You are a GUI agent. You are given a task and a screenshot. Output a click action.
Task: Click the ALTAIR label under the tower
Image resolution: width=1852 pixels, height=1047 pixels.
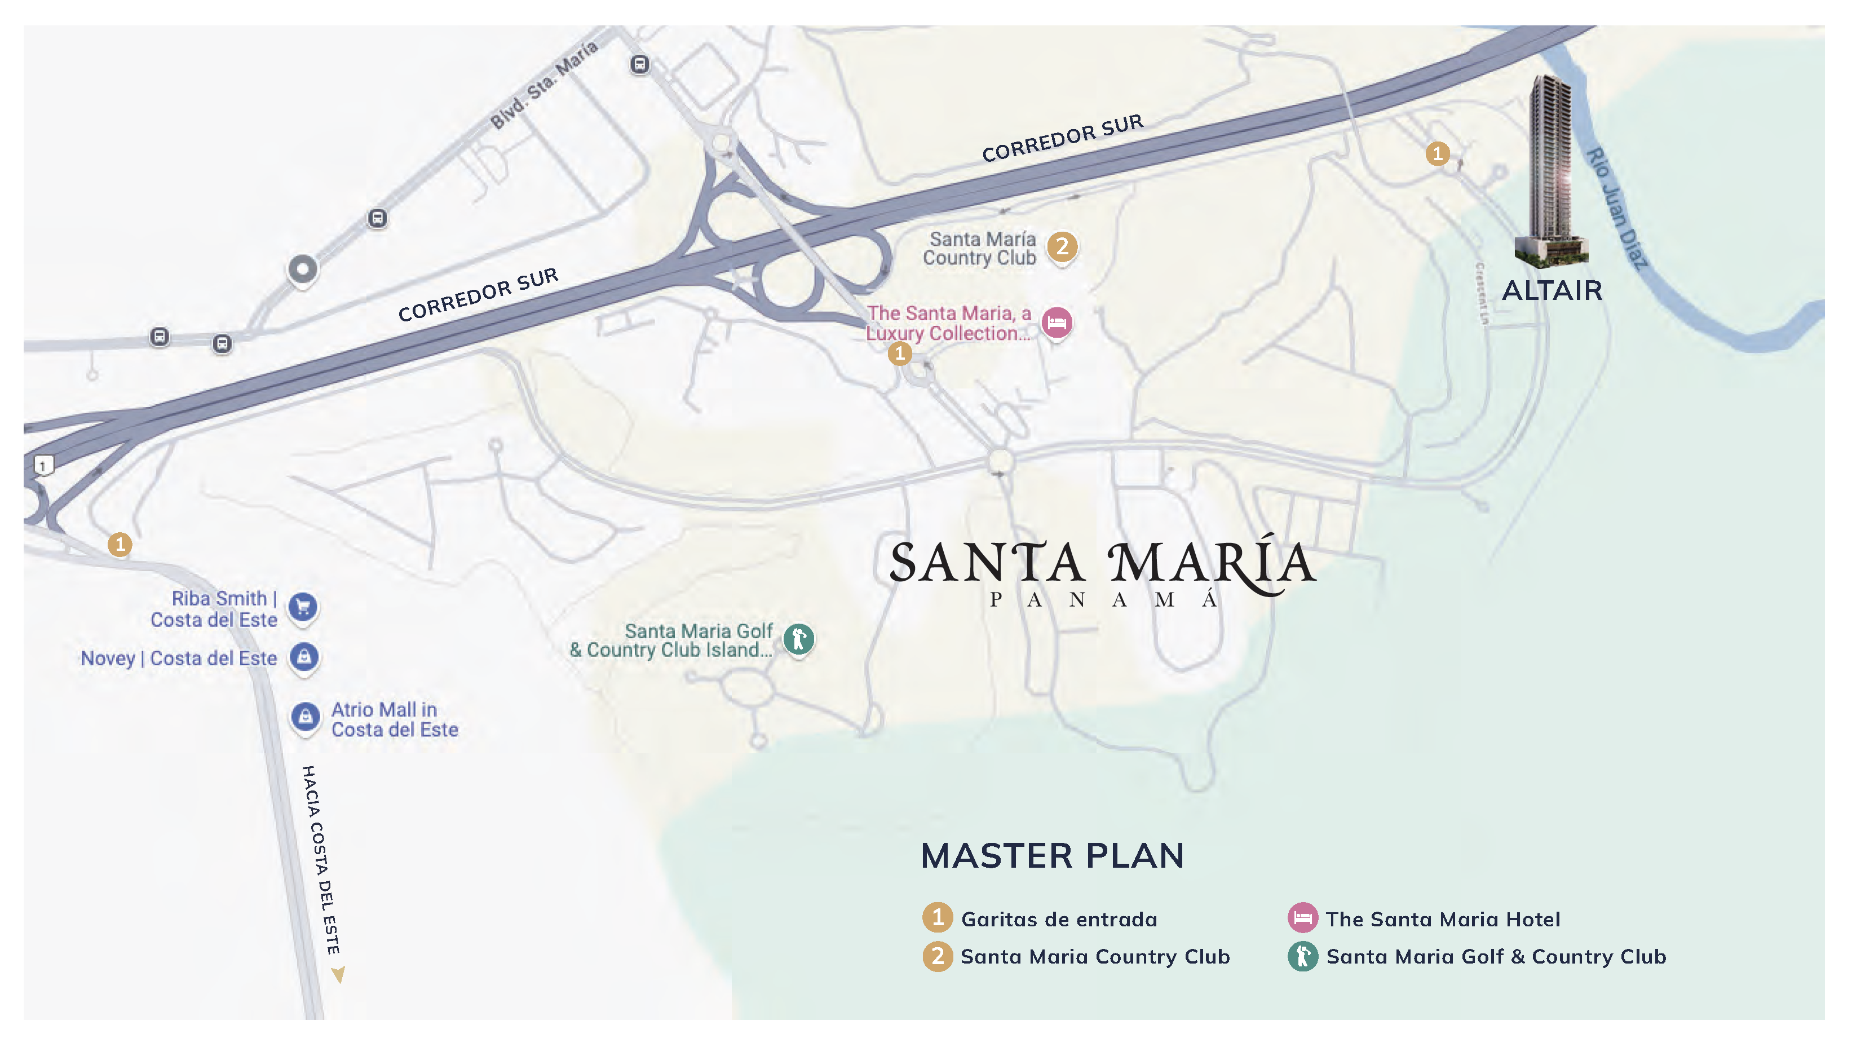click(1552, 290)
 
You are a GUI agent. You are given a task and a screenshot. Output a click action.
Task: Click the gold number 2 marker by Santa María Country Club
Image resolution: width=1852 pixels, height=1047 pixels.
click(1062, 246)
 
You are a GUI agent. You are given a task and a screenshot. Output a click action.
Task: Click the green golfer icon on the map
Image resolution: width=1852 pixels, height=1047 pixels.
click(798, 639)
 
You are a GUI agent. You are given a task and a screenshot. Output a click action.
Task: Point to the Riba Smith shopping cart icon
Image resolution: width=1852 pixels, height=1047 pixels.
click(303, 606)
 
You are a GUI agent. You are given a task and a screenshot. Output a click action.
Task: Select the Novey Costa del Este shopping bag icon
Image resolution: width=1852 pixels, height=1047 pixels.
click(304, 656)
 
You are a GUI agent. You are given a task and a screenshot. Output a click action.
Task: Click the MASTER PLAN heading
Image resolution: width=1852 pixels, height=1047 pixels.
click(1052, 856)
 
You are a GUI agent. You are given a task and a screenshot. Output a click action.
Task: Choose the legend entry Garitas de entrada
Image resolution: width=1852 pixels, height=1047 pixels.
click(1058, 919)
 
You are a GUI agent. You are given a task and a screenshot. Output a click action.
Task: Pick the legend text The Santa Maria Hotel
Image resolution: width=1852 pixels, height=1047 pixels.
click(1442, 919)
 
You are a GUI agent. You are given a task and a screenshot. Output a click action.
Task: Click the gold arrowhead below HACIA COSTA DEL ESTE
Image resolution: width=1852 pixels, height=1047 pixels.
click(338, 974)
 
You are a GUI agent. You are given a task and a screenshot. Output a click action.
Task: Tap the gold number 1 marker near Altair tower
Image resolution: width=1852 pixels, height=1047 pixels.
click(1437, 153)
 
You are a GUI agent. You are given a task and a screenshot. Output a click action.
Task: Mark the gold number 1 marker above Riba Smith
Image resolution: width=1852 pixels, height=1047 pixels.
click(120, 544)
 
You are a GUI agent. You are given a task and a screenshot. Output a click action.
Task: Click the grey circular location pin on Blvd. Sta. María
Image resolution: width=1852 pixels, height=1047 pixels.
click(303, 270)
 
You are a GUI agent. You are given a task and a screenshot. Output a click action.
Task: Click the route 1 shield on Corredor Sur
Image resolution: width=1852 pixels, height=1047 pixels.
click(43, 466)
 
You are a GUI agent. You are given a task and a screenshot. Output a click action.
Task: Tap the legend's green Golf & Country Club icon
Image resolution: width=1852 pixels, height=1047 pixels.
click(1302, 956)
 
